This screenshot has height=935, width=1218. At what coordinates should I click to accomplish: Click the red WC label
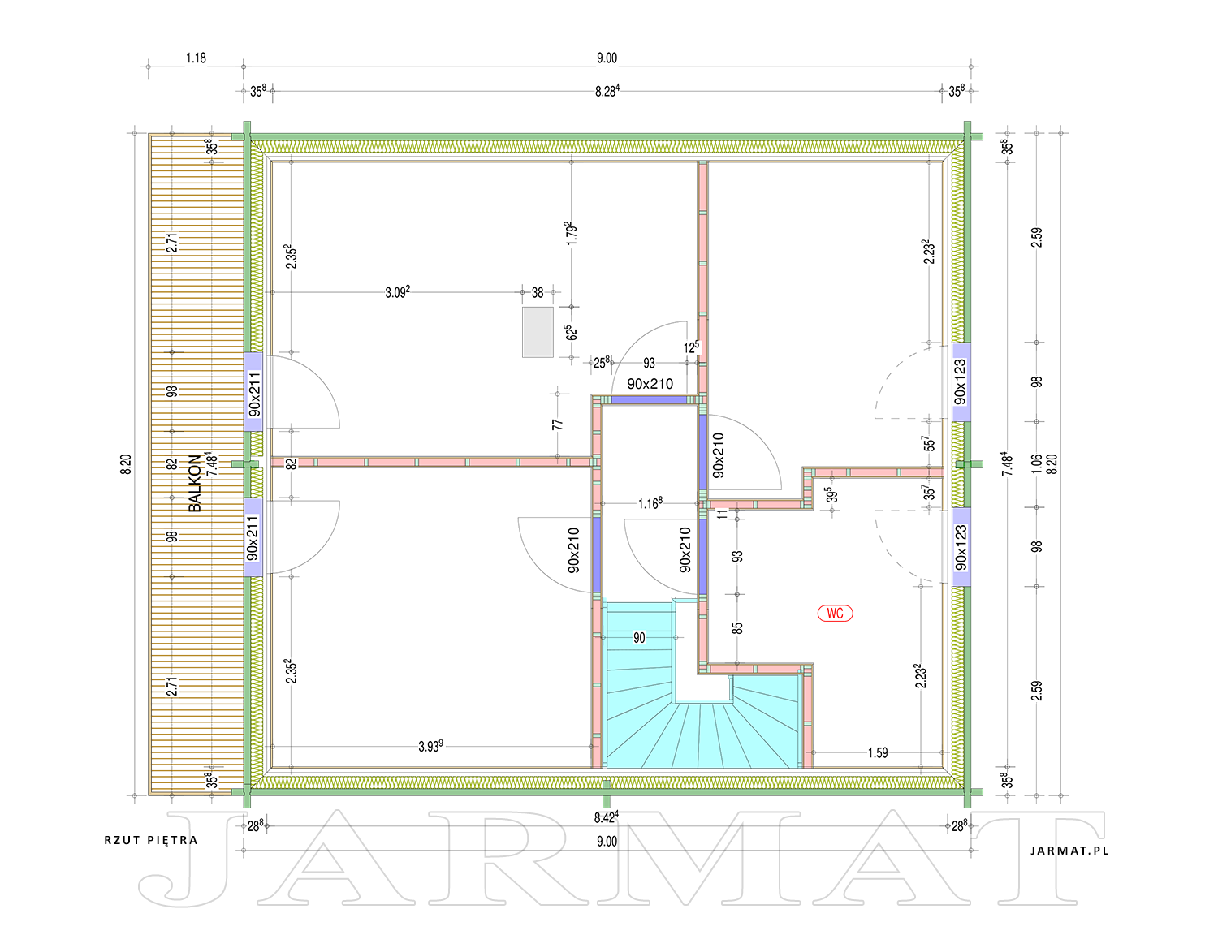point(835,614)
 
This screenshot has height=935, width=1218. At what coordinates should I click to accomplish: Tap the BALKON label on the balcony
point(195,483)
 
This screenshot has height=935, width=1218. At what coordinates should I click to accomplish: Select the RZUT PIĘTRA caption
point(151,840)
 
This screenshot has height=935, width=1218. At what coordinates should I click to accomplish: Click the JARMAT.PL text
point(1069,851)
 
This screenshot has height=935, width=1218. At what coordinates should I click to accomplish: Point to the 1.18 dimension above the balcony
point(197,58)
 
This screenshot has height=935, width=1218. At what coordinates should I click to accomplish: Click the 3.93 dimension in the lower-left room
point(430,746)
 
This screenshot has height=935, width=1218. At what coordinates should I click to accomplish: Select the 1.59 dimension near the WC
point(878,752)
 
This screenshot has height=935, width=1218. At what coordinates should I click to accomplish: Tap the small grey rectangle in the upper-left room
point(538,332)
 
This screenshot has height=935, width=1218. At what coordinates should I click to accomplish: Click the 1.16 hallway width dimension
point(650,503)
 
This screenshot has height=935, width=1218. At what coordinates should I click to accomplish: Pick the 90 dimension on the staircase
point(639,637)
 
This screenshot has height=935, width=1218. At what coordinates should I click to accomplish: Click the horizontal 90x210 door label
point(650,384)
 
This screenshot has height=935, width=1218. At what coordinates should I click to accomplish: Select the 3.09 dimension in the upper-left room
point(397,292)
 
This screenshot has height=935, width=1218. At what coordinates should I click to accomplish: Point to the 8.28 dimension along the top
point(607,90)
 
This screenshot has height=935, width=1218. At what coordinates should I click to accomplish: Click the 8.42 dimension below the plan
point(607,817)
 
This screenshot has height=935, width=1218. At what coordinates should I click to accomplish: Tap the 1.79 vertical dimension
point(571,233)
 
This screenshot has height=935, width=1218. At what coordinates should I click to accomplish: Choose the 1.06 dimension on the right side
point(1036,464)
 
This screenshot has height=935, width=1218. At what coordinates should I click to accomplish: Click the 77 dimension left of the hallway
point(557,424)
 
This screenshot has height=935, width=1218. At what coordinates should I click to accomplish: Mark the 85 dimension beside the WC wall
point(737,628)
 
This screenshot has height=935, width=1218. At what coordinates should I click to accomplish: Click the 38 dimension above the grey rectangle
point(538,292)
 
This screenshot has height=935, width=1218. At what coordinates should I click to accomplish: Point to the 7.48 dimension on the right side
point(1007,464)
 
